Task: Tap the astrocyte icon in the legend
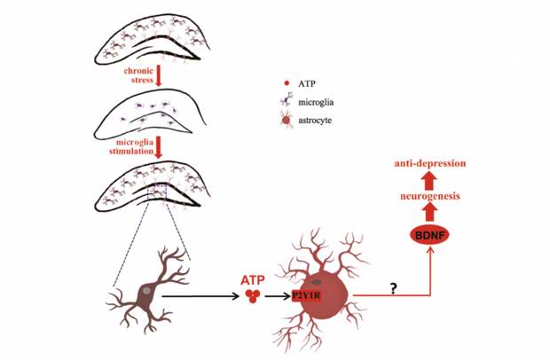pos(286,119)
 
